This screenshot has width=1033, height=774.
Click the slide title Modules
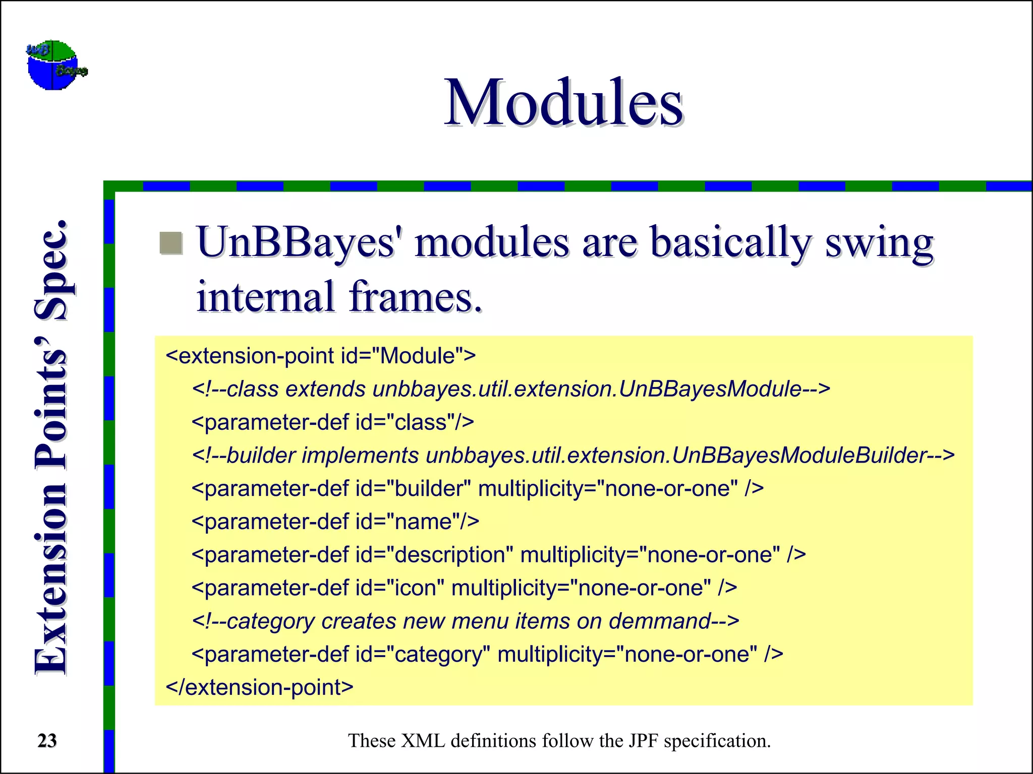click(563, 103)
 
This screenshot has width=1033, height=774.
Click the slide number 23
click(47, 741)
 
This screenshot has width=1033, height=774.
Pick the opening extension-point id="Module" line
click(320, 356)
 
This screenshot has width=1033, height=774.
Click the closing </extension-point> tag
click(259, 687)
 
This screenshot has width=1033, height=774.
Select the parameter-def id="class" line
click(332, 422)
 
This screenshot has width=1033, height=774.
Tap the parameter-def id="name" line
click(335, 522)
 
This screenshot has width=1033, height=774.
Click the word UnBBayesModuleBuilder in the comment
click(799, 456)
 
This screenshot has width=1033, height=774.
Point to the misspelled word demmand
click(660, 621)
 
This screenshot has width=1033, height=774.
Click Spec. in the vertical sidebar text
click(51, 271)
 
